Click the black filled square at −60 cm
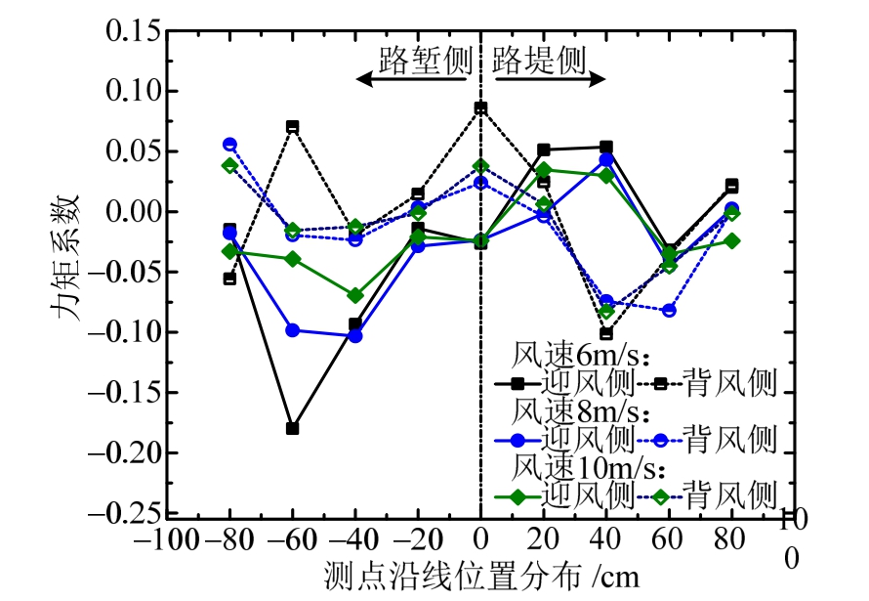pyautogui.click(x=292, y=428)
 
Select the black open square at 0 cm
pyautogui.click(x=480, y=107)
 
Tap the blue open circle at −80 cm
pyautogui.click(x=229, y=144)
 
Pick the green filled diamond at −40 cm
pyautogui.click(x=354, y=295)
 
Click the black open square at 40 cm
pyautogui.click(x=606, y=334)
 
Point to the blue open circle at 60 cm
pyautogui.click(x=669, y=311)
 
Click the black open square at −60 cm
pyautogui.click(x=292, y=127)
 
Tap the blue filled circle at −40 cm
pyautogui.click(x=354, y=336)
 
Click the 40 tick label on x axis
pyautogui.click(x=605, y=540)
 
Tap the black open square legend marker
pyautogui.click(x=660, y=382)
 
